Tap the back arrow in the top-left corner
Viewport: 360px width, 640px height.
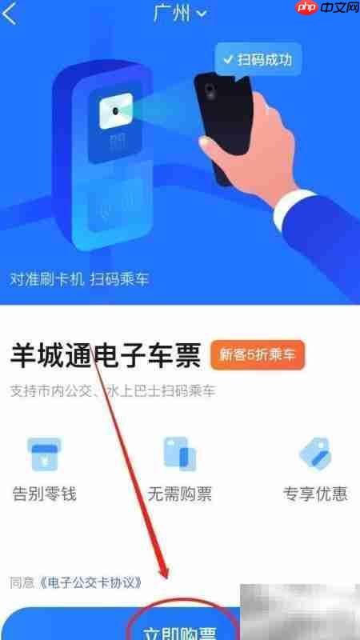[10, 14]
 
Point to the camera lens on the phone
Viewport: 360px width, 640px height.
[210, 88]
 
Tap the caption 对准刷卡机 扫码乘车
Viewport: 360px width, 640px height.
[79, 279]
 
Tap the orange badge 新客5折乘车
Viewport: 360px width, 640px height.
[258, 355]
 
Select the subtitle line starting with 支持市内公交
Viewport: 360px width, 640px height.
[113, 391]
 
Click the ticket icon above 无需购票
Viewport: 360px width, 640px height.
[179, 455]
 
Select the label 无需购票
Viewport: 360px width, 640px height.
[179, 493]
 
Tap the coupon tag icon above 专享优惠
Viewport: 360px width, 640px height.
[315, 455]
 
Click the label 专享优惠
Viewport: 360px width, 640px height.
[315, 493]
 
